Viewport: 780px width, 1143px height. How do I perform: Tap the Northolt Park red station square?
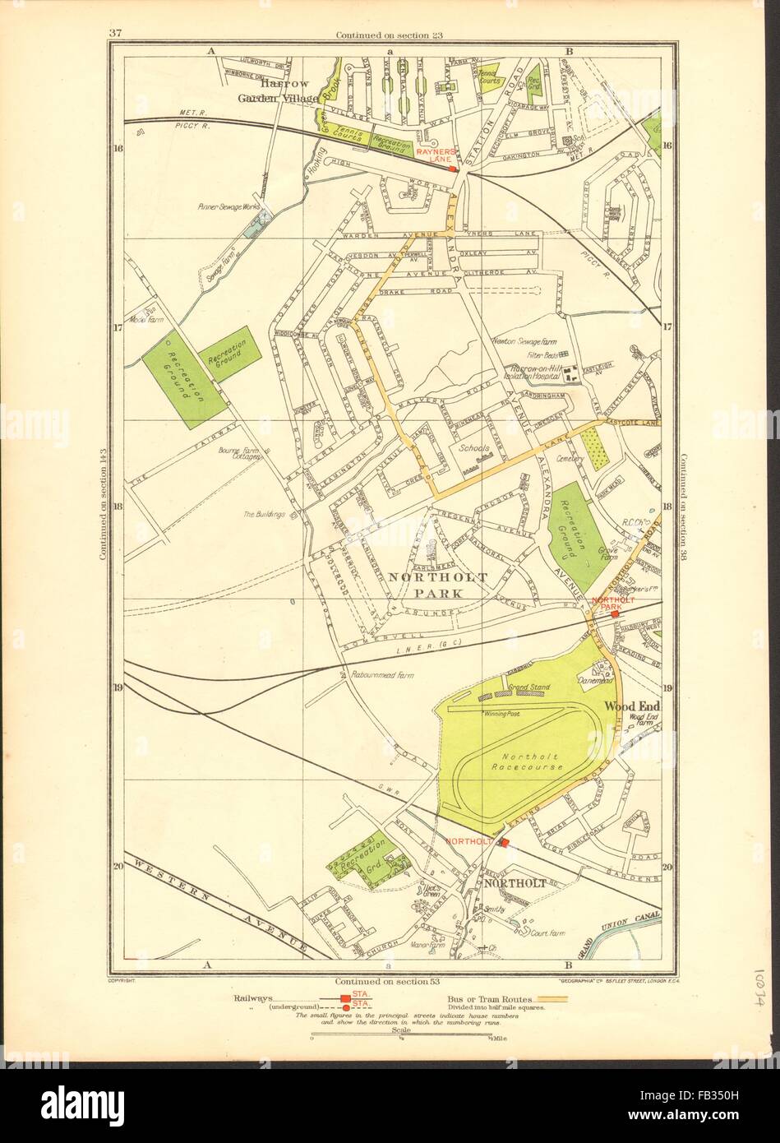tap(615, 614)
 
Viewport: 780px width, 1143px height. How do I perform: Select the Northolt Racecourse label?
tap(533, 761)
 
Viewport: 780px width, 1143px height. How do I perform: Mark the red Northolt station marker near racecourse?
tap(505, 843)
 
